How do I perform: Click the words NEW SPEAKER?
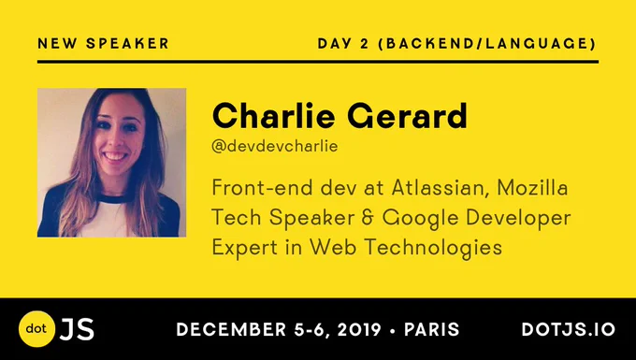pyautogui.click(x=103, y=43)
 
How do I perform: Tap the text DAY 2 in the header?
pyautogui.click(x=343, y=43)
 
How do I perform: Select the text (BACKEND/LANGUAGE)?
pyautogui.click(x=486, y=43)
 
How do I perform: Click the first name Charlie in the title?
pyautogui.click(x=273, y=116)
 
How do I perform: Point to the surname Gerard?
pyautogui.click(x=407, y=116)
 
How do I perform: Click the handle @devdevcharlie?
pyautogui.click(x=275, y=146)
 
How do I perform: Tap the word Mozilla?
pyautogui.click(x=532, y=188)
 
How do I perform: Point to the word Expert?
pyautogui.click(x=245, y=248)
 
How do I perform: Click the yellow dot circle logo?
pyautogui.click(x=36, y=329)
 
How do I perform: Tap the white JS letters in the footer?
pyautogui.click(x=77, y=329)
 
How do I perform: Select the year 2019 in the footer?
pyautogui.click(x=359, y=329)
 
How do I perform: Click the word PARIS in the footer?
pyautogui.click(x=431, y=329)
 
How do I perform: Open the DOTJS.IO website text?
pyautogui.click(x=569, y=329)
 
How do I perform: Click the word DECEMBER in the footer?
pyautogui.click(x=232, y=329)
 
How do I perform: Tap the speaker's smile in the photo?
pyautogui.click(x=116, y=156)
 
